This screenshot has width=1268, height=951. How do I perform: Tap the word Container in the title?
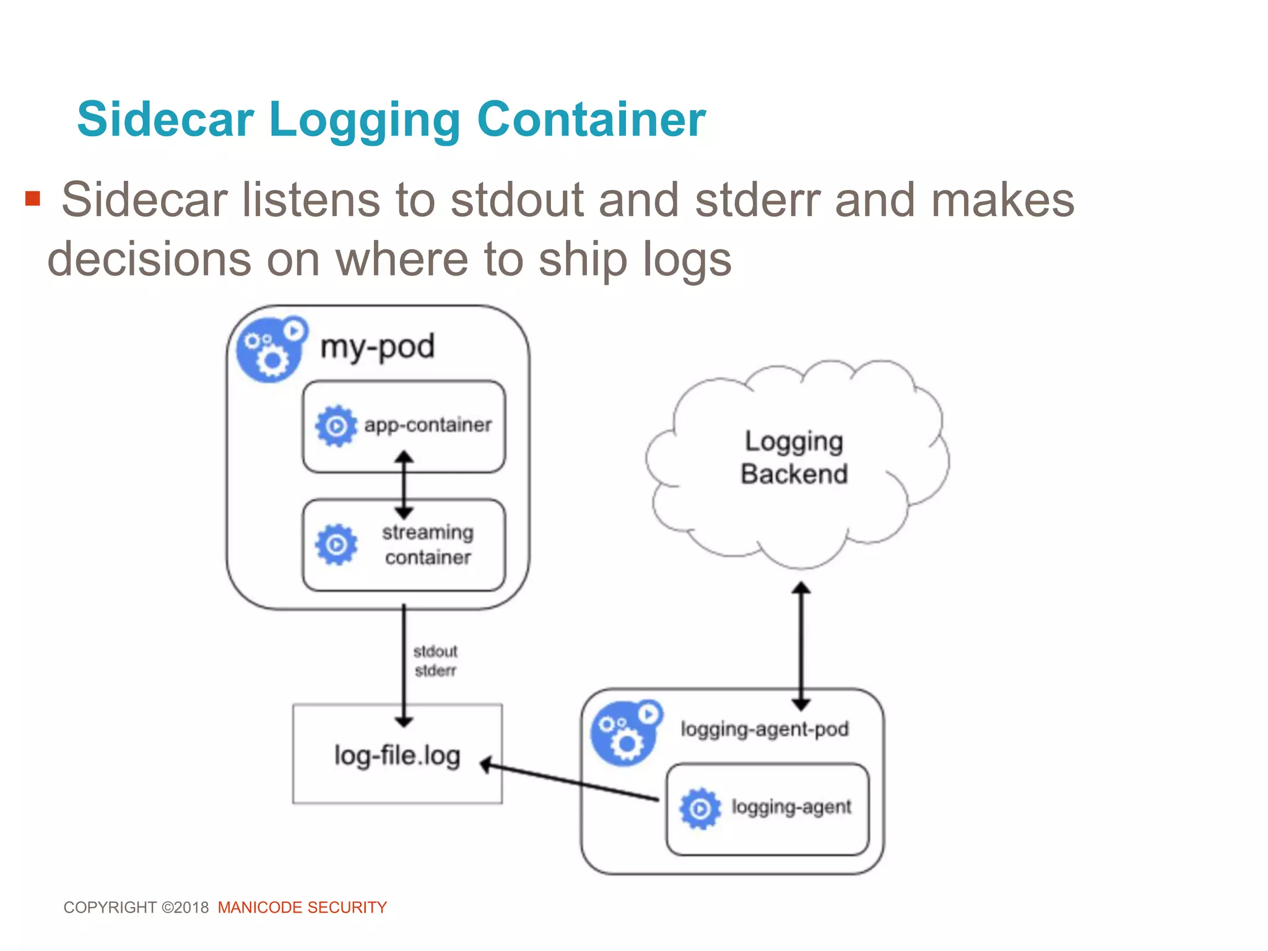tap(591, 119)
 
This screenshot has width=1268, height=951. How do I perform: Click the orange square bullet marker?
tap(32, 199)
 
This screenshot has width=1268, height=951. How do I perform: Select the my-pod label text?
tap(377, 347)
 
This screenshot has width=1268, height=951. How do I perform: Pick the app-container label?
tap(428, 425)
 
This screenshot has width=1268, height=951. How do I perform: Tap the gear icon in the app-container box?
tap(336, 426)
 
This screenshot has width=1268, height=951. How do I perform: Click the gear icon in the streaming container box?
tap(336, 545)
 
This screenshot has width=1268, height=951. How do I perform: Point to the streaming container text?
tap(428, 545)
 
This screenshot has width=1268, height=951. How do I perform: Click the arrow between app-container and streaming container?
tap(404, 485)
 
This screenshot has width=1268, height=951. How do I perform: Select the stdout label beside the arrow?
tap(435, 651)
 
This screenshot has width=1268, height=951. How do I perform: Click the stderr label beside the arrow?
tap(435, 671)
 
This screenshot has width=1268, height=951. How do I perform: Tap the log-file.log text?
tap(397, 755)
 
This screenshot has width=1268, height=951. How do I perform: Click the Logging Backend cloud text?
tap(794, 458)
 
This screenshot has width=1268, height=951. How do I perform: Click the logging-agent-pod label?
tap(764, 729)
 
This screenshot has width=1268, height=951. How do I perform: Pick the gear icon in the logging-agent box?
tap(700, 808)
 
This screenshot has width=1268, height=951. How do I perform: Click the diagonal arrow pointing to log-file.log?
tap(570, 781)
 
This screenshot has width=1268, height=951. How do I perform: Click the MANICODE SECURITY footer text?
tap(302, 908)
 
